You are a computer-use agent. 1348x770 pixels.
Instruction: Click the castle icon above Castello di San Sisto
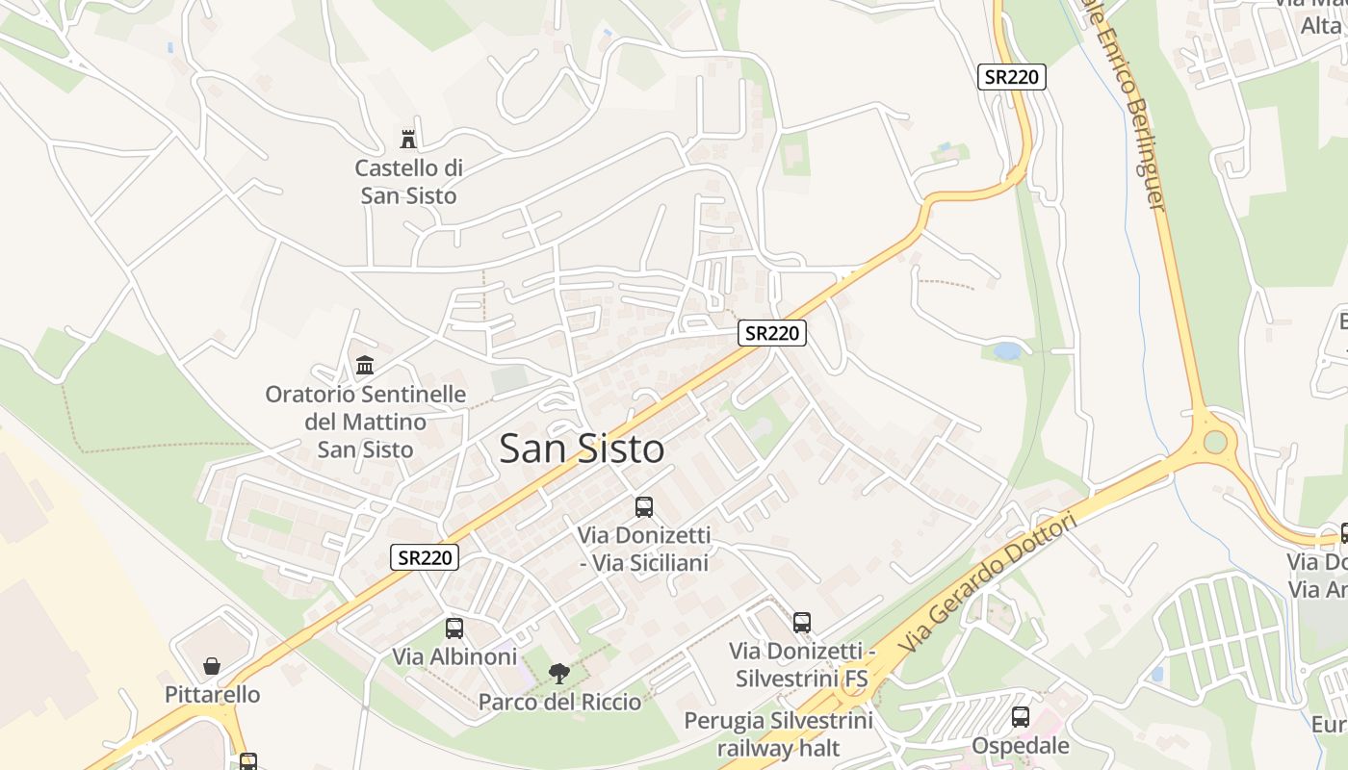coord(409,140)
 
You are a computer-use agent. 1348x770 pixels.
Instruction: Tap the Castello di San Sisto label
coord(408,182)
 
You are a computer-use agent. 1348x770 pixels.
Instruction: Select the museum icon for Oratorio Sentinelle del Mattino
coord(365,366)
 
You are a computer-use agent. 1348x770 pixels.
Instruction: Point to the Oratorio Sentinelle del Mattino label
coord(366,422)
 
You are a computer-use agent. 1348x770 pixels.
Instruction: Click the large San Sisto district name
coord(582,449)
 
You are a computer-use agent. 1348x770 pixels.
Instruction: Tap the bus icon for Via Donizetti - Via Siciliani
coord(644,507)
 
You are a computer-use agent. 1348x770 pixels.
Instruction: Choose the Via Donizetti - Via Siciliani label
coord(644,549)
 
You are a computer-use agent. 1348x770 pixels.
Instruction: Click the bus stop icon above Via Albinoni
coord(454,629)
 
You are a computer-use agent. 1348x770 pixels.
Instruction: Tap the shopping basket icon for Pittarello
coord(212,666)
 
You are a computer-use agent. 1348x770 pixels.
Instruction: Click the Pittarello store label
coord(212,694)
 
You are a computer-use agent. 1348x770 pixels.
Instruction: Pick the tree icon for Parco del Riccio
coord(558,674)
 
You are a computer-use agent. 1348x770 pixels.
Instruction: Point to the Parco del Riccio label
coord(559,702)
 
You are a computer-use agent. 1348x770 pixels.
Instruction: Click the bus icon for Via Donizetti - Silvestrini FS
coord(802,623)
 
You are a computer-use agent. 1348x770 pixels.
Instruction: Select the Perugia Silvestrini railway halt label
coord(778,733)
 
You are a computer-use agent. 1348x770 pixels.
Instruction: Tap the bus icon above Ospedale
coord(1021,717)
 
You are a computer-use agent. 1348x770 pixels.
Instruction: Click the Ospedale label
coord(1021,746)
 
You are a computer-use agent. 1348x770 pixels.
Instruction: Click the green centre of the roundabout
coord(1215,442)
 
